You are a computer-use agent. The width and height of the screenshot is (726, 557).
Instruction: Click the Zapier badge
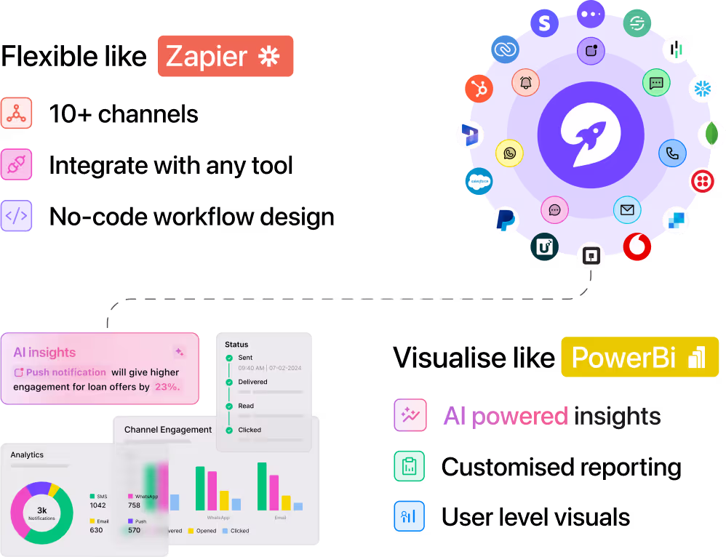click(x=226, y=56)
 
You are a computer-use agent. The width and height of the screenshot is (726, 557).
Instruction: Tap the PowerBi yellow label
click(x=639, y=357)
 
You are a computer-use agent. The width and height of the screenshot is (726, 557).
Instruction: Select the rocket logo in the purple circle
click(x=590, y=136)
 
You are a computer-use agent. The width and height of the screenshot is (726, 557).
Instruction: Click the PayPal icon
click(x=505, y=220)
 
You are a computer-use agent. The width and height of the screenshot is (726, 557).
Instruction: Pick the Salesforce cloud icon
click(x=479, y=180)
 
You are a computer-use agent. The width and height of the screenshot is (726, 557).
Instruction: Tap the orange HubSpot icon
click(x=479, y=89)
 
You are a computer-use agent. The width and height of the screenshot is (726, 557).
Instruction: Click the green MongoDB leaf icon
click(x=711, y=135)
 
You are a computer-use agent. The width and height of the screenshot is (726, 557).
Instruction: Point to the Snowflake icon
click(x=702, y=89)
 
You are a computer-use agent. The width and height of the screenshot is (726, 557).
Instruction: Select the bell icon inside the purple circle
click(x=525, y=82)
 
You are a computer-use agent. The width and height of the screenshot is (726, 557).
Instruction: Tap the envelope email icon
click(x=627, y=210)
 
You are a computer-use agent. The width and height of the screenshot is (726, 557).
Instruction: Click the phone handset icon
click(x=672, y=153)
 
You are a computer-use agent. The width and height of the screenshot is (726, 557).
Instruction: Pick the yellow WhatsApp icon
click(x=509, y=153)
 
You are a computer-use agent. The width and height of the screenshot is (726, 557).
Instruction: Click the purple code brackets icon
click(x=16, y=216)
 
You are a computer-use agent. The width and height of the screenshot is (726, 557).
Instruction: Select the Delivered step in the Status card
click(x=252, y=382)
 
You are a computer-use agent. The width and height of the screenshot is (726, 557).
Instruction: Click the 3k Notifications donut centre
click(x=41, y=513)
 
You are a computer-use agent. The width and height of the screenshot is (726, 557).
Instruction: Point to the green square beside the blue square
click(x=409, y=466)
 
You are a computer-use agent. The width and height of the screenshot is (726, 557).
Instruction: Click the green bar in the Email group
click(x=262, y=486)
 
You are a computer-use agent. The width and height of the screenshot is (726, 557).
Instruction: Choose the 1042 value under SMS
click(x=97, y=505)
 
